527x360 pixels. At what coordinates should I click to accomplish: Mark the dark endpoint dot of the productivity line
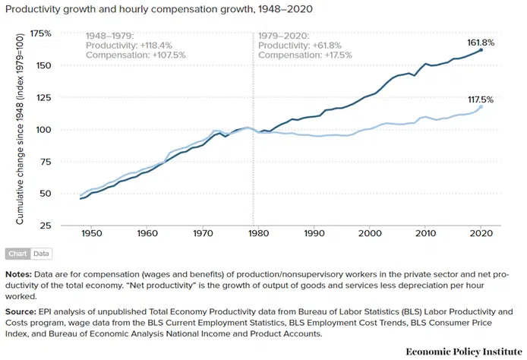(481, 50)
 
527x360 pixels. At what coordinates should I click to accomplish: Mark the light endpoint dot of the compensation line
(481, 106)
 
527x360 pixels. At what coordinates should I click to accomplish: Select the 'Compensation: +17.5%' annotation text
(299, 55)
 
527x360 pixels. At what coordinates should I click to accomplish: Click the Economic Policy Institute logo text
(460, 351)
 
